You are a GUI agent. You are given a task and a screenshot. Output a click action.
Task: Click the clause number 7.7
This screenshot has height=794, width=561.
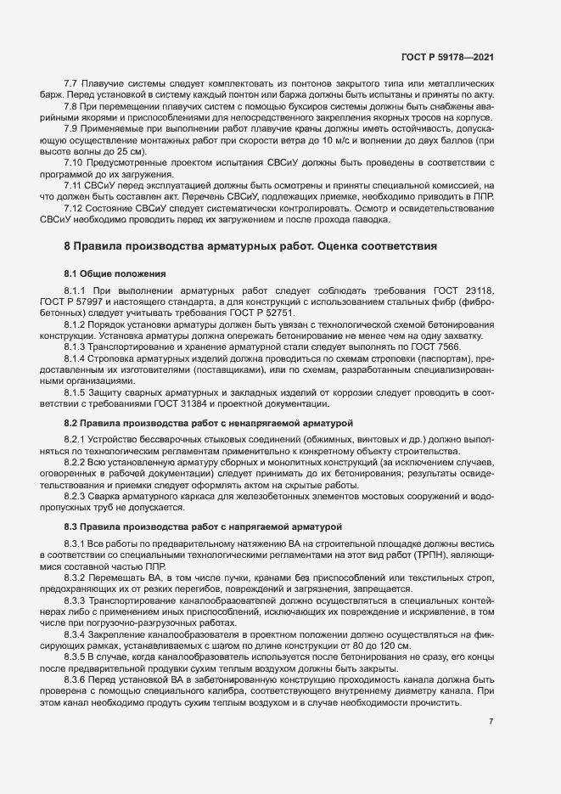tap(71, 83)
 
